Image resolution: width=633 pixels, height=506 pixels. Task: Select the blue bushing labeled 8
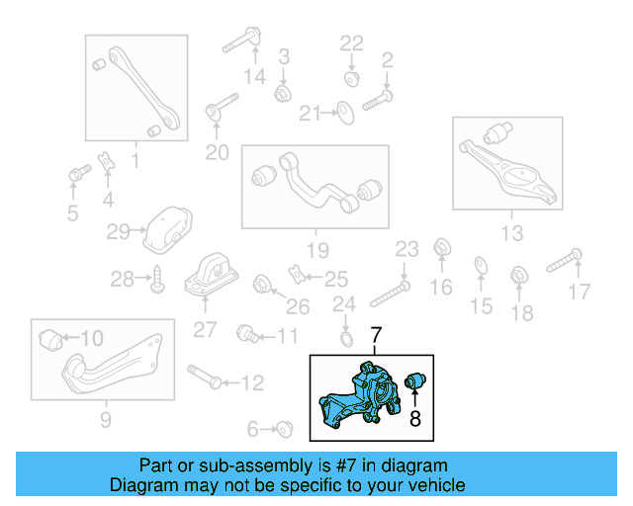[x=415, y=379]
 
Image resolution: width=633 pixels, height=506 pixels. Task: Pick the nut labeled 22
[x=352, y=76]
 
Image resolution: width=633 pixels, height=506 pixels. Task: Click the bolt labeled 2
[x=378, y=99]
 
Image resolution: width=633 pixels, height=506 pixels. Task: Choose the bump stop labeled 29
[x=164, y=229]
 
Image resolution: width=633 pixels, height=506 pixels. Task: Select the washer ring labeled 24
[x=345, y=340]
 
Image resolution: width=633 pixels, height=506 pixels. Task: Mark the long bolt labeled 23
[x=393, y=295]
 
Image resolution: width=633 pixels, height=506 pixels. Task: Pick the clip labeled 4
[x=106, y=160]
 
